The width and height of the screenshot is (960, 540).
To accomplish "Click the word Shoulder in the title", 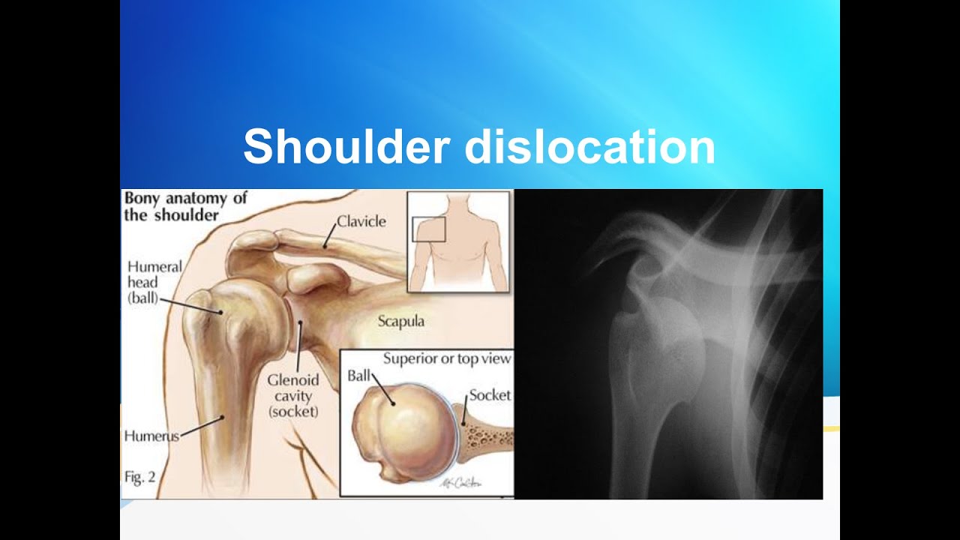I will (x=346, y=146).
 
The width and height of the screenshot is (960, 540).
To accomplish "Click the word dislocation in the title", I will (x=589, y=146).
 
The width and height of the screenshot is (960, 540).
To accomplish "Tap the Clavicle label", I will (x=361, y=221).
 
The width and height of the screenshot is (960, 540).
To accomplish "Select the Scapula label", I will (x=400, y=322).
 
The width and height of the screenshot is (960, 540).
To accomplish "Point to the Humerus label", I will (x=151, y=436).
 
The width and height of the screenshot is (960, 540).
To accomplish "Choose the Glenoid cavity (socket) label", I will (x=293, y=395).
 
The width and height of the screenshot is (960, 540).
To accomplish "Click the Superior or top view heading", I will (x=447, y=358).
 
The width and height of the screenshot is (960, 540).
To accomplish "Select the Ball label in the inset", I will (x=359, y=375).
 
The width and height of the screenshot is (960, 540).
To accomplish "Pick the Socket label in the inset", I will (x=490, y=395).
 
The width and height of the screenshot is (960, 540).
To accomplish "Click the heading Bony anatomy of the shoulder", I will (x=184, y=206).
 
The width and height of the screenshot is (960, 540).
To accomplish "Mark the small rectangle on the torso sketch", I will (x=429, y=229).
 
